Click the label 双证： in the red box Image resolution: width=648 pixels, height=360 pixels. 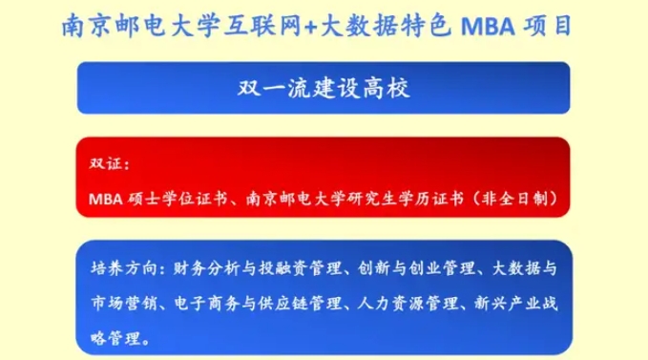click(x=107, y=162)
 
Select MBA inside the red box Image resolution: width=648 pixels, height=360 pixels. click(x=102, y=199)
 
